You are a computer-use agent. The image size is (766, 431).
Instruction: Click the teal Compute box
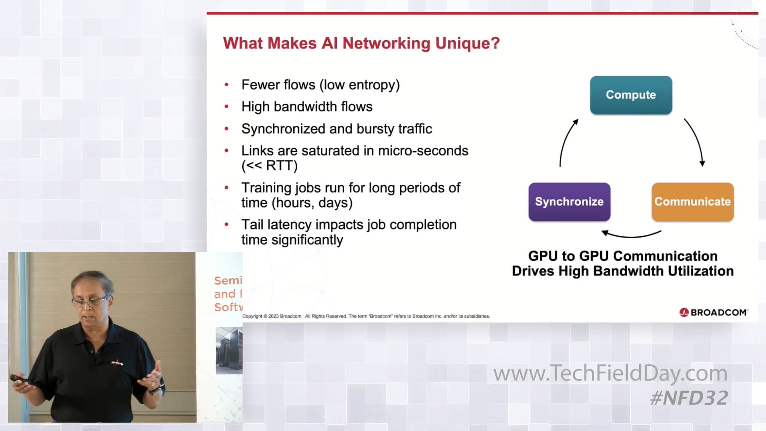[x=631, y=95]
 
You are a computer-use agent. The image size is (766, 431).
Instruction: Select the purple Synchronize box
[x=569, y=202]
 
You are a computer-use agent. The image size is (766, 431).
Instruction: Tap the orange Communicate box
[x=693, y=202]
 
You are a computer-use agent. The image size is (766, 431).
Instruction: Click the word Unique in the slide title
[x=467, y=43]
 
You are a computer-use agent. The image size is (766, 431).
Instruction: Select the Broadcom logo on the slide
[x=713, y=312]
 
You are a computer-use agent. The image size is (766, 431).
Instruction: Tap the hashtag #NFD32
[x=689, y=398]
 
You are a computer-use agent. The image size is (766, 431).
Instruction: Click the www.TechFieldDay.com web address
[x=610, y=374]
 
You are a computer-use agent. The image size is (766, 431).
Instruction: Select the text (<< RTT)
[x=270, y=166]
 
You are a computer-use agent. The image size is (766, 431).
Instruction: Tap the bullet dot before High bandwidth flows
[x=227, y=107]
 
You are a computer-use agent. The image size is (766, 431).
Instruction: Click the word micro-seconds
[x=423, y=151]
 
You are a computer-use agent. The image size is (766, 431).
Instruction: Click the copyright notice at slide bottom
[x=366, y=316]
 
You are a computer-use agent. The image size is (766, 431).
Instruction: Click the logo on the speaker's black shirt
[x=117, y=363]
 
